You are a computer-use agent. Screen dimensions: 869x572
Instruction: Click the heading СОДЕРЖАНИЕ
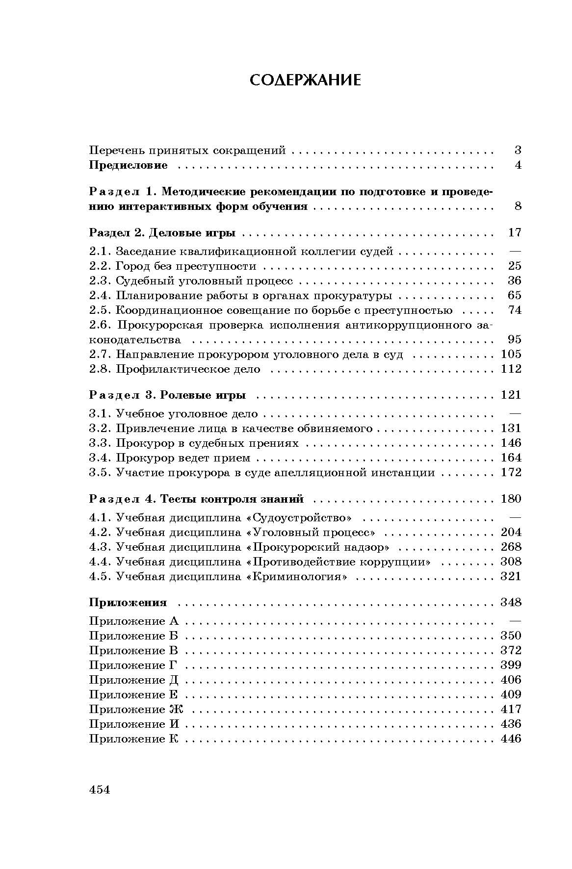[305, 80]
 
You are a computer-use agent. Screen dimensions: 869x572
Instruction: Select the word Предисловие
[129, 165]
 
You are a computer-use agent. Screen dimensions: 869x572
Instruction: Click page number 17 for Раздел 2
[515, 232]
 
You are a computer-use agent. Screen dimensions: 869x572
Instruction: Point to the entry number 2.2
[100, 266]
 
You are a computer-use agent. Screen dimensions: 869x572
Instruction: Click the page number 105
[511, 354]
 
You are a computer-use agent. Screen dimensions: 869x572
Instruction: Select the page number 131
[511, 429]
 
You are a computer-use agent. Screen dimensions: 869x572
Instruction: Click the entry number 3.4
[100, 458]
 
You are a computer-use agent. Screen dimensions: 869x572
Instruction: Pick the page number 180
[511, 499]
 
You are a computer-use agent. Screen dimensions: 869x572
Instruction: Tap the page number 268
[511, 547]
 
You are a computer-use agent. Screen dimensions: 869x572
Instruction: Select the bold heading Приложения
[128, 603]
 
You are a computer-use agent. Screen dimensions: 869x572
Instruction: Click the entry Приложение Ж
[136, 710]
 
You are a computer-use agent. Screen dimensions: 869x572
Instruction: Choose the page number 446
[511, 739]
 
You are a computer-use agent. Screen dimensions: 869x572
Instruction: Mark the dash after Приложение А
[515, 621]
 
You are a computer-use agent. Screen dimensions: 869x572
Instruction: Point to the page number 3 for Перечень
[518, 151]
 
